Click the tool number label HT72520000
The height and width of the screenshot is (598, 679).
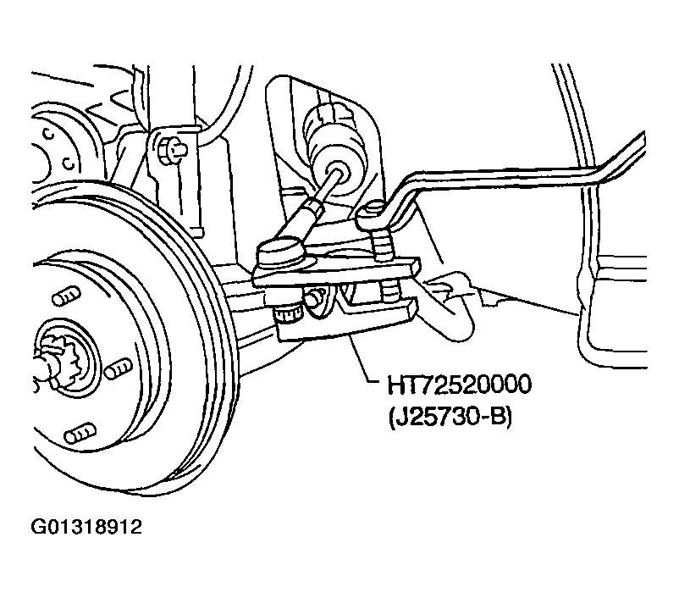pos(459,385)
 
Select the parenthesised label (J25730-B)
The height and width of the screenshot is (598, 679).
pos(450,418)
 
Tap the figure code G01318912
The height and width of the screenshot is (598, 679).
pos(86,527)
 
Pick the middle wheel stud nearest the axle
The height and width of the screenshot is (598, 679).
pos(119,368)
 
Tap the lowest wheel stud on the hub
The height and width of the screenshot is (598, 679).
pos(80,434)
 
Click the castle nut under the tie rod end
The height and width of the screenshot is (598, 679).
pos(288,313)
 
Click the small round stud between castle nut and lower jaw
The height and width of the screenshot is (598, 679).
pos(315,298)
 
